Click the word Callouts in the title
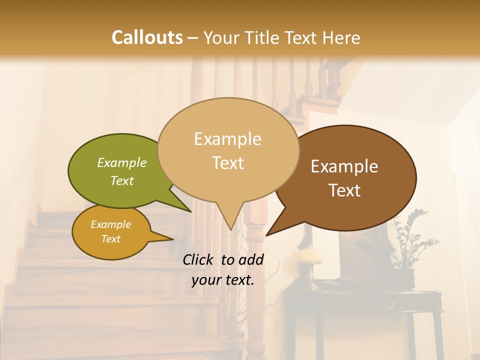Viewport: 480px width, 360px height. tap(147, 37)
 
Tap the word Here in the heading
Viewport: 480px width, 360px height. tap(341, 37)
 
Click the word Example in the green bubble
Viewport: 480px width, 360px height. tap(121, 163)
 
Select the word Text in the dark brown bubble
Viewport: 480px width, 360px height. tap(344, 190)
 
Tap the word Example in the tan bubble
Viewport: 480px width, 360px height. tap(227, 139)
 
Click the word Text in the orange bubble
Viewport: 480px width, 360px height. tap(110, 239)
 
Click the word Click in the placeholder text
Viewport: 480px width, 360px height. tap(199, 259)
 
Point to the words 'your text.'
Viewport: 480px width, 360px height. tap(222, 280)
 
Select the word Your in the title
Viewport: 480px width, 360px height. tap(222, 37)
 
